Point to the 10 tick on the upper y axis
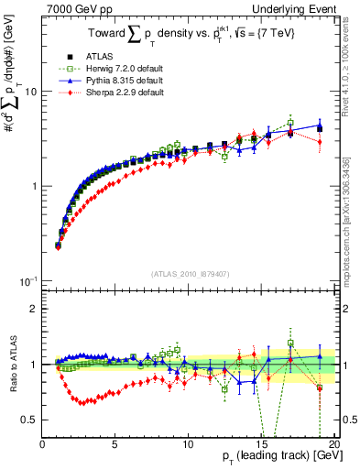point(30,92)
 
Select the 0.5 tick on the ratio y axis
point(31,420)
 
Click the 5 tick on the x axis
point(115,442)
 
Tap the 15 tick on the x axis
point(261,442)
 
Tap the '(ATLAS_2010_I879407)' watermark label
point(189,273)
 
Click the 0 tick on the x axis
point(43,442)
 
